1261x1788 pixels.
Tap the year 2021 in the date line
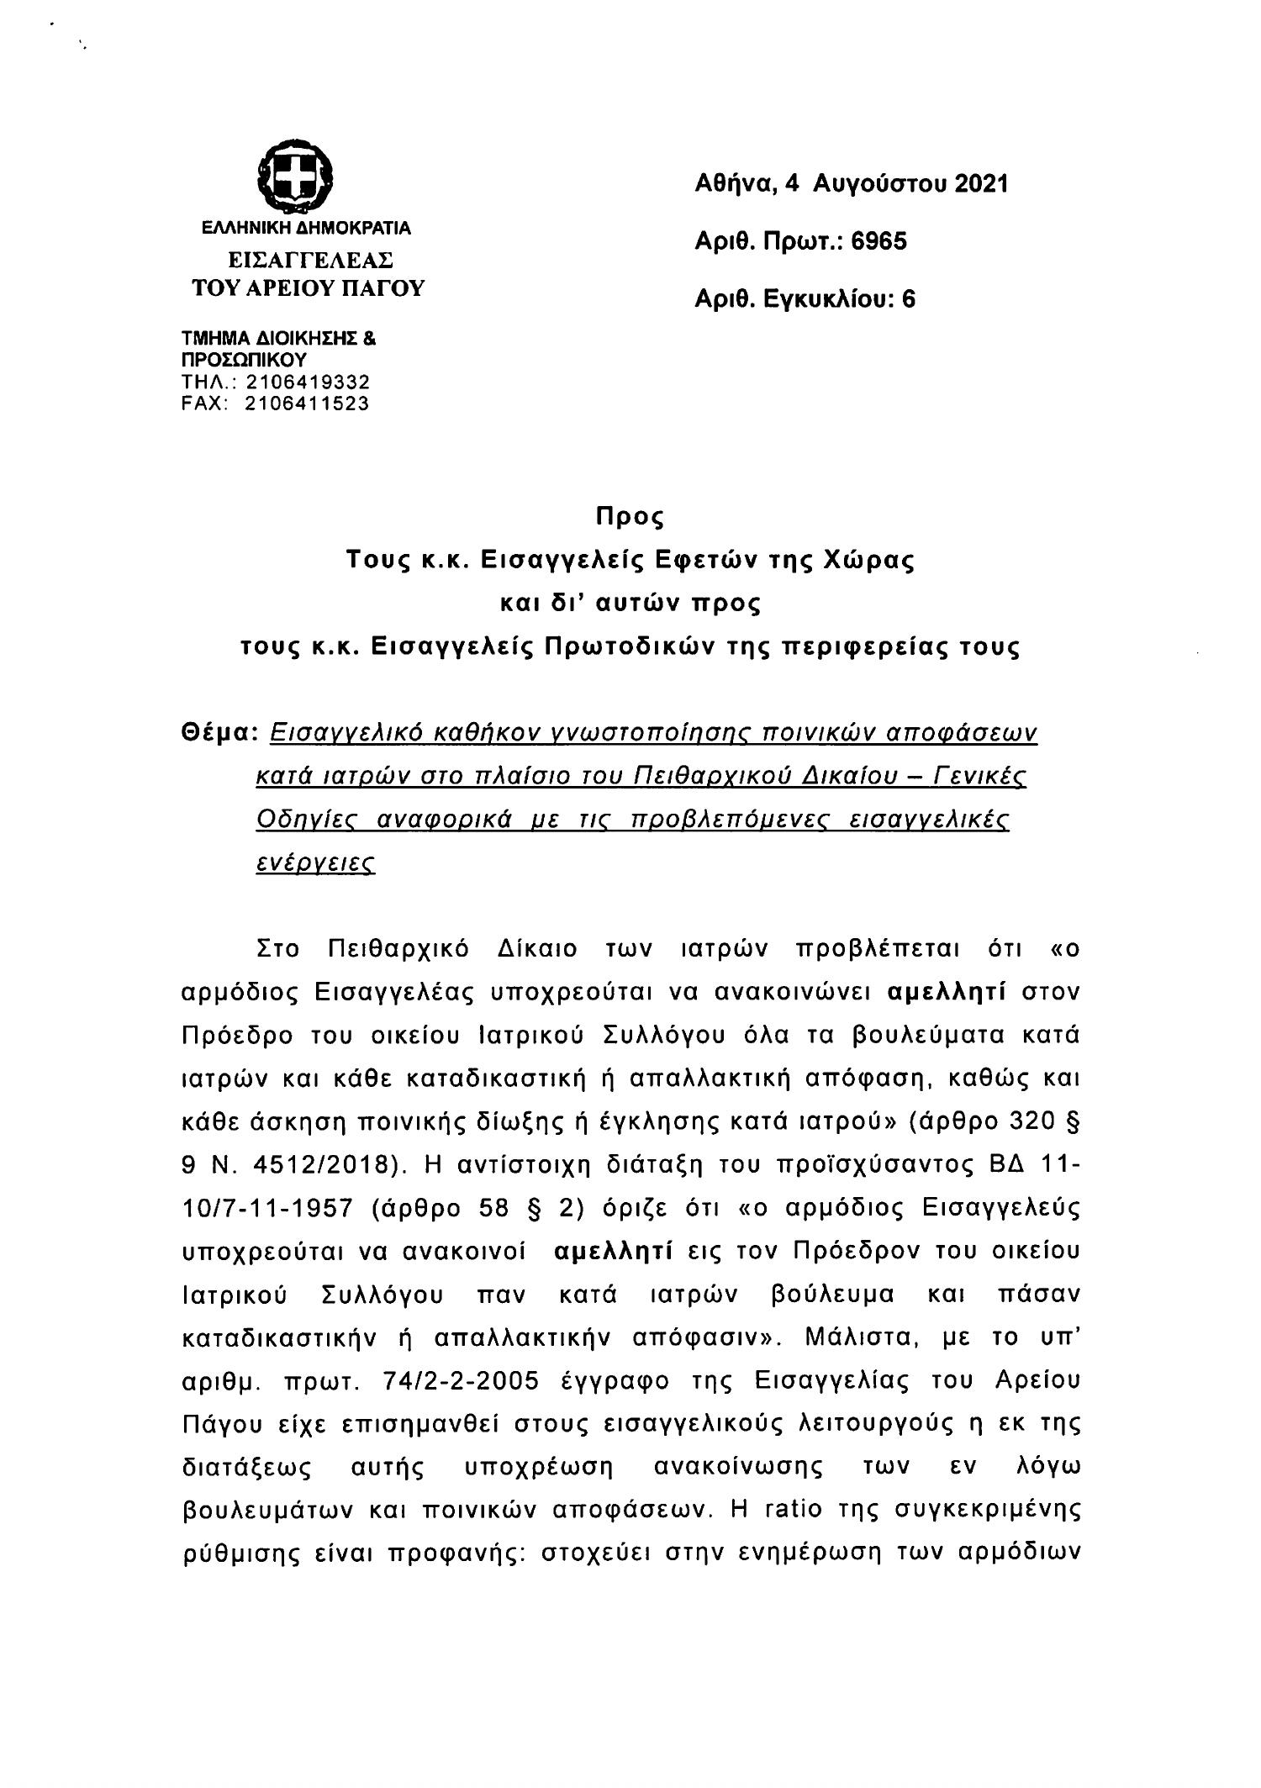click(x=980, y=183)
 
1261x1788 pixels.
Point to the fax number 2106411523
click(x=307, y=403)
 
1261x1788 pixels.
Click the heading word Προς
click(x=630, y=516)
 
